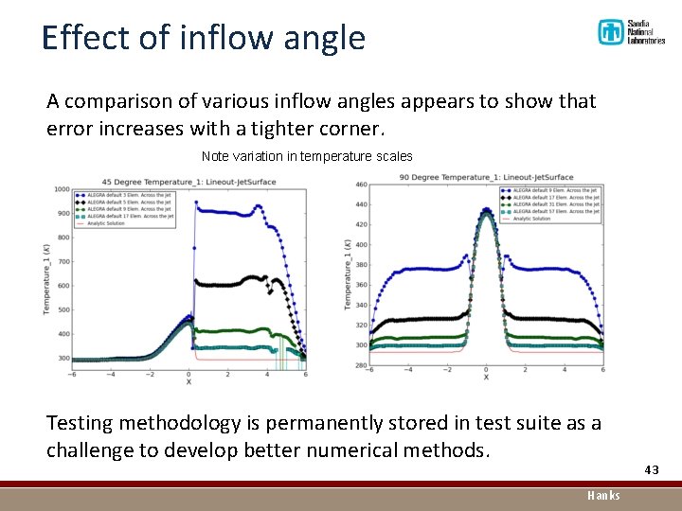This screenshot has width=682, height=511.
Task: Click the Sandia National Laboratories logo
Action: point(630,32)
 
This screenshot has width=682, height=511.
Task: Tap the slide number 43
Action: point(651,470)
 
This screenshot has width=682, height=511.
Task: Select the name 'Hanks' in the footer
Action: point(603,495)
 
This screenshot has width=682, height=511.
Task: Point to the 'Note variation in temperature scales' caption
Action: point(307,156)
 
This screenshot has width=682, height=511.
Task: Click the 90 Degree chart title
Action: point(486,178)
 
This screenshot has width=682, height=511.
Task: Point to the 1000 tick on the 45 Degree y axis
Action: point(61,189)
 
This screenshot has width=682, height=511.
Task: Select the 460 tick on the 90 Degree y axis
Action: point(360,185)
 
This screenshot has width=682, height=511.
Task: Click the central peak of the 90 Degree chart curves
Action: point(486,210)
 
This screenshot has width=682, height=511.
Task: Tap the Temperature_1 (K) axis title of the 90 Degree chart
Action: point(348,274)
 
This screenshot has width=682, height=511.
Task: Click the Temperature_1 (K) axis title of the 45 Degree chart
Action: point(46,274)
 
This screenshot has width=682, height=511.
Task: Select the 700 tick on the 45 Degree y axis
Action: point(63,262)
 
